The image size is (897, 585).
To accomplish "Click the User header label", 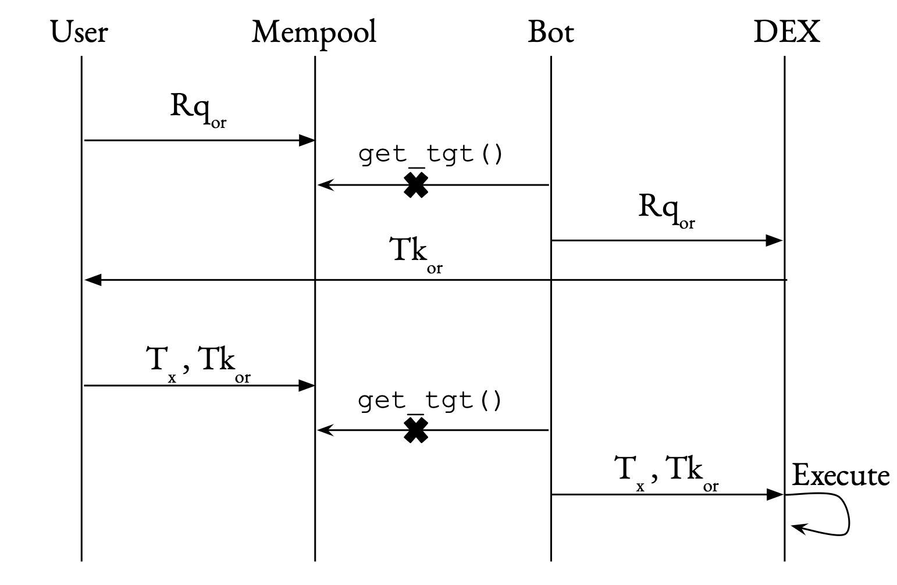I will tap(79, 32).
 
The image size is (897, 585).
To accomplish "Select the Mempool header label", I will tap(314, 32).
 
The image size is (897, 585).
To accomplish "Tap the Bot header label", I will tap(550, 32).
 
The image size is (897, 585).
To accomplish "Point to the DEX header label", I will tap(786, 32).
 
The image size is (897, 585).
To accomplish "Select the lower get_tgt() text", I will tap(430, 401).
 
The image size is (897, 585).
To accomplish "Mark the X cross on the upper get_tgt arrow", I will tap(416, 186).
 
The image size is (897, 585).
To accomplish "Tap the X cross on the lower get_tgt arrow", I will tap(416, 431).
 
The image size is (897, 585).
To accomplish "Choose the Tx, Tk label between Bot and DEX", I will tap(666, 471).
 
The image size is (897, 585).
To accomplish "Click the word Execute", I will tap(841, 476).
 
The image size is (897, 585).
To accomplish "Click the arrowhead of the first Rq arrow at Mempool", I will tap(307, 140).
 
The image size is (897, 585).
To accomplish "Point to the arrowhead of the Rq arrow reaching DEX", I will tap(775, 240).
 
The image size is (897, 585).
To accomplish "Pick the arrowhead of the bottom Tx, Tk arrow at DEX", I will tap(775, 495).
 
